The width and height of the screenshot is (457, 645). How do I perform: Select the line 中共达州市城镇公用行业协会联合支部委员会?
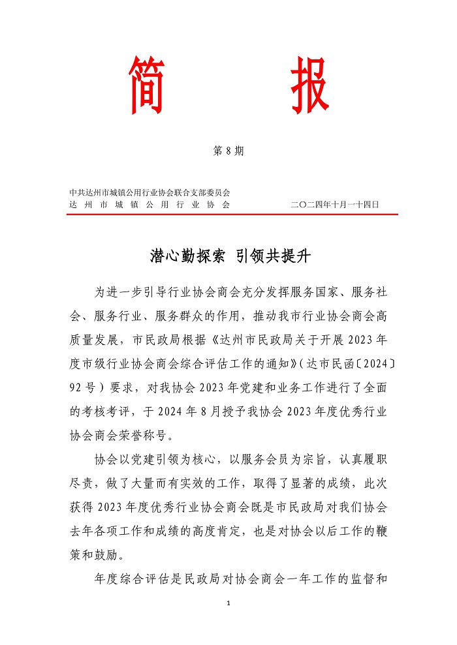tap(150, 192)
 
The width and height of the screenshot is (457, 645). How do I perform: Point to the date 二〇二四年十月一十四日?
tap(335, 205)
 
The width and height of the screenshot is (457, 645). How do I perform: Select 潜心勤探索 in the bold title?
tap(187, 256)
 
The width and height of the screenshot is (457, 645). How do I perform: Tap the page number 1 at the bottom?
tap(228, 603)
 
